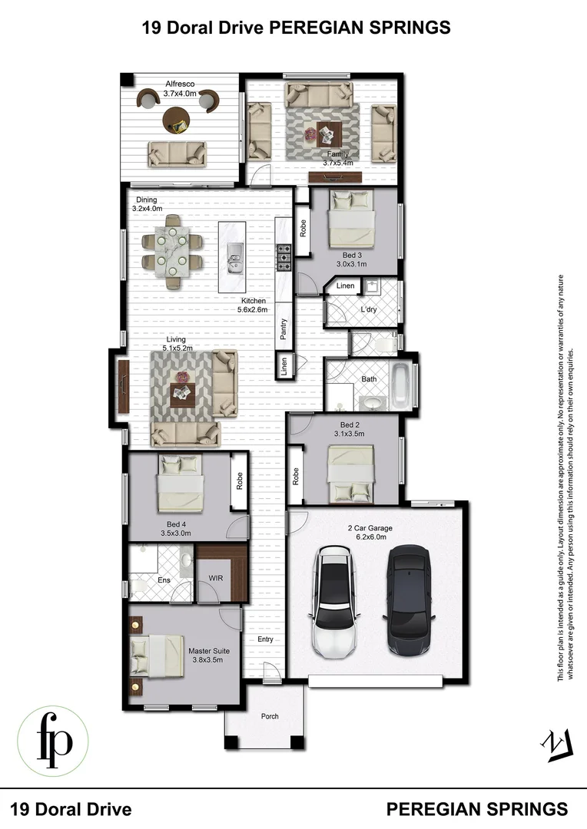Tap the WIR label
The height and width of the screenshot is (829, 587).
click(x=216, y=580)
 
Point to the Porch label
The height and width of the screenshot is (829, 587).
click(x=269, y=716)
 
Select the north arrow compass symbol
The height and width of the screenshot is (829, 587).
click(x=555, y=745)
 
